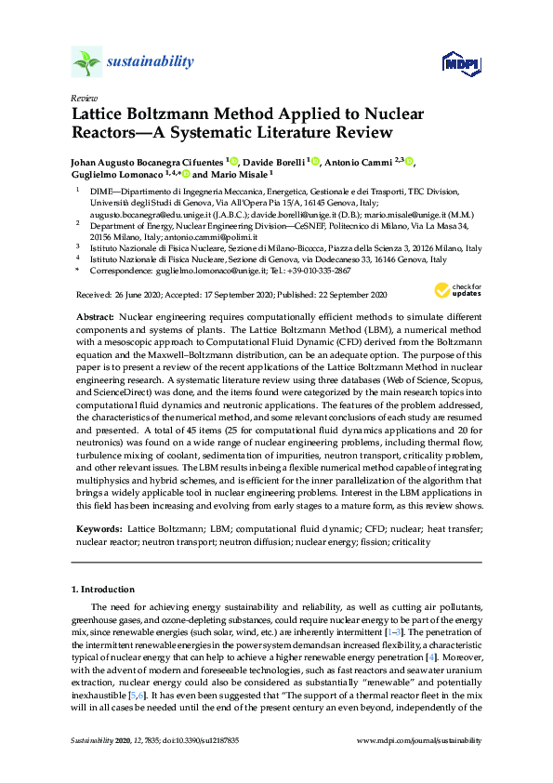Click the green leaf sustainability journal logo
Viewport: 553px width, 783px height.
point(86,62)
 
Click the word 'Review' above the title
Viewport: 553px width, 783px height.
point(82,98)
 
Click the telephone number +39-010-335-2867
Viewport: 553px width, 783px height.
point(317,271)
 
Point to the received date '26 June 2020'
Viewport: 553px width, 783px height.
point(138,295)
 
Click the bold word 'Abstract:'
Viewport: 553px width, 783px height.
point(95,317)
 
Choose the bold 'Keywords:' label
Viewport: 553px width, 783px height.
point(99,527)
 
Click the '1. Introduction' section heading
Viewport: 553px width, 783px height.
point(103,589)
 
